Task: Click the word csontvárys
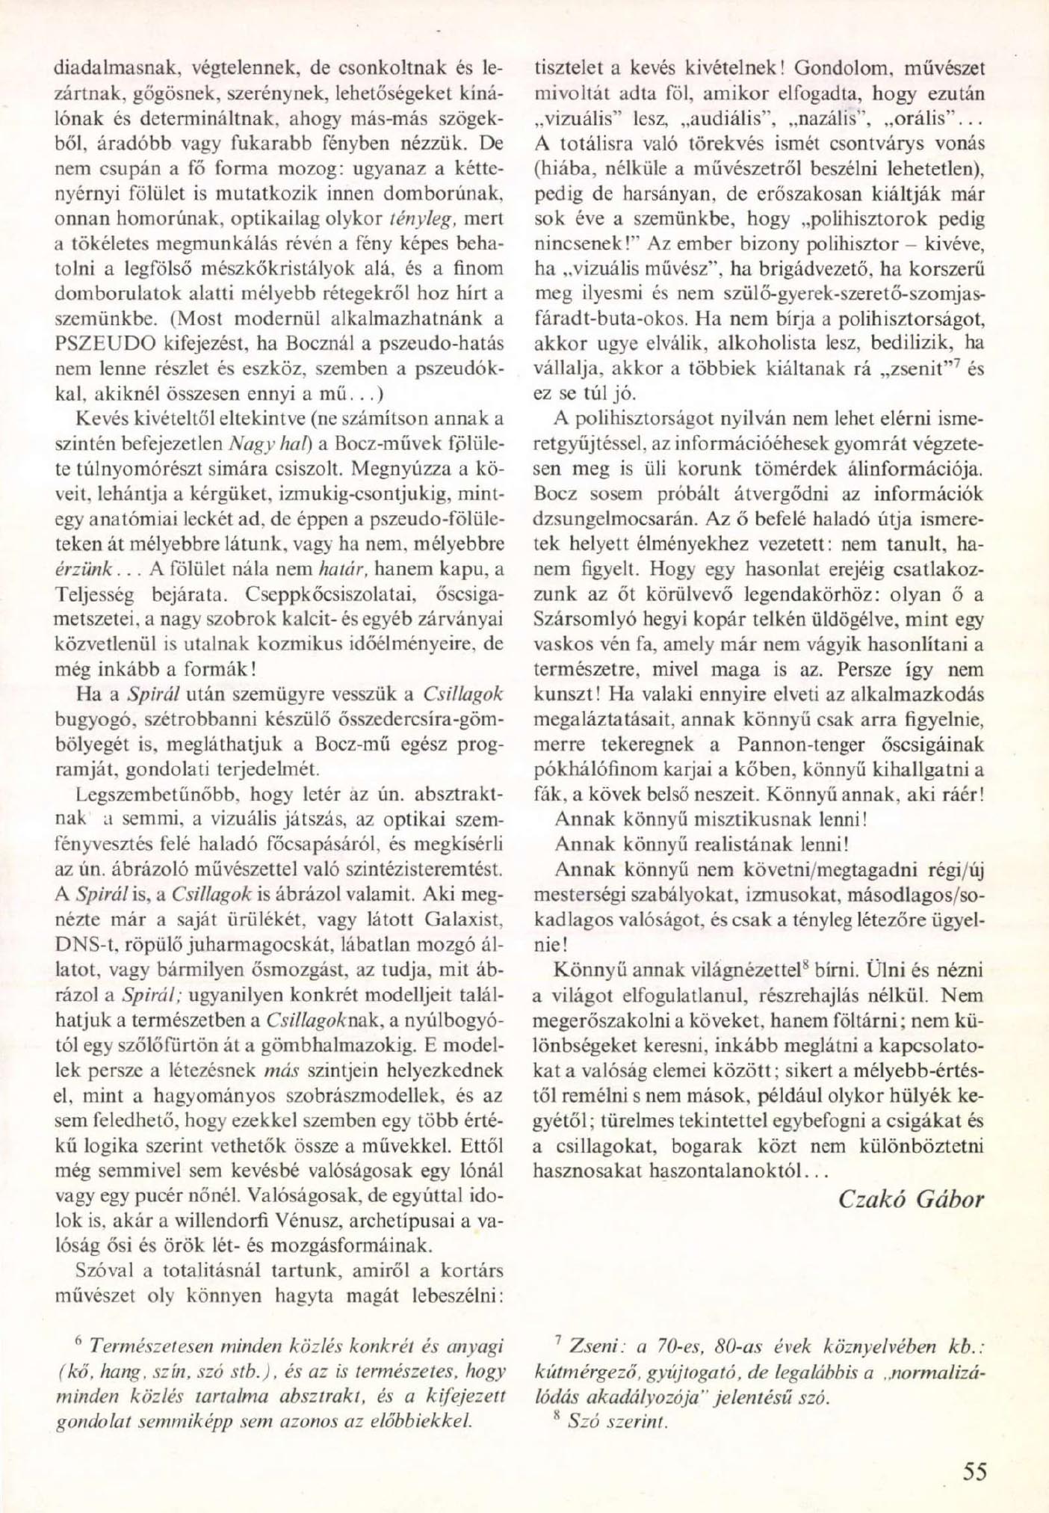point(876,143)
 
